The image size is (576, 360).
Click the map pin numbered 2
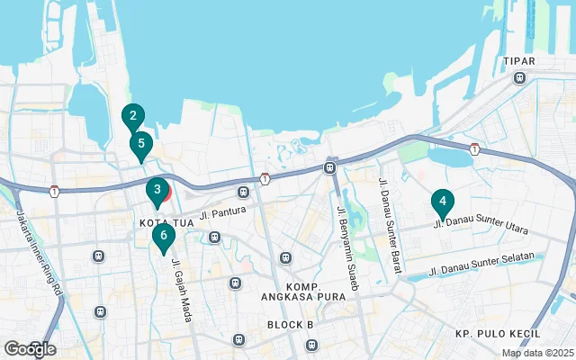click(x=132, y=116)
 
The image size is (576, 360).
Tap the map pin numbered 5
click(x=140, y=143)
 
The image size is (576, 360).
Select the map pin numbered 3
click(x=157, y=191)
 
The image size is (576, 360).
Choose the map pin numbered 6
click(x=162, y=237)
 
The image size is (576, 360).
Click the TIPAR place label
click(x=520, y=61)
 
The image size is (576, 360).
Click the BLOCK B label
click(x=290, y=324)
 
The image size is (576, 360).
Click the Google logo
click(x=30, y=348)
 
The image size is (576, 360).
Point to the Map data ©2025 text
click(x=536, y=353)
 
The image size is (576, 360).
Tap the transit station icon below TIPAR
click(x=519, y=77)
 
